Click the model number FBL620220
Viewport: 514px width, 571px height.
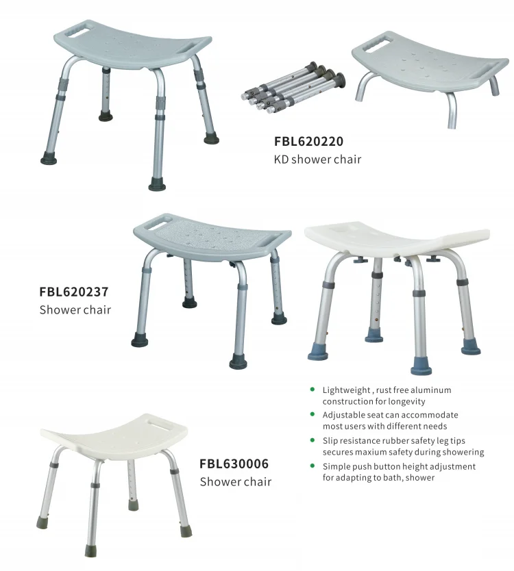point(308,142)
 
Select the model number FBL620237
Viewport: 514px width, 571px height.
point(74,292)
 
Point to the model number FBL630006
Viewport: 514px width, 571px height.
point(234,464)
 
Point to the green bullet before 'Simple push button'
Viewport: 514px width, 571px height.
point(313,466)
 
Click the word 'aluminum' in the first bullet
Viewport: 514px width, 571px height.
point(431,390)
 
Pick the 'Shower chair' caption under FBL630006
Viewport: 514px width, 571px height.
point(235,482)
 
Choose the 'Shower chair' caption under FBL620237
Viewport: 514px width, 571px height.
point(75,309)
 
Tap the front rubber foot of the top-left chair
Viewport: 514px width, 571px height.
point(158,184)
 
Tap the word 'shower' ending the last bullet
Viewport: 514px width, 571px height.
point(419,478)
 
